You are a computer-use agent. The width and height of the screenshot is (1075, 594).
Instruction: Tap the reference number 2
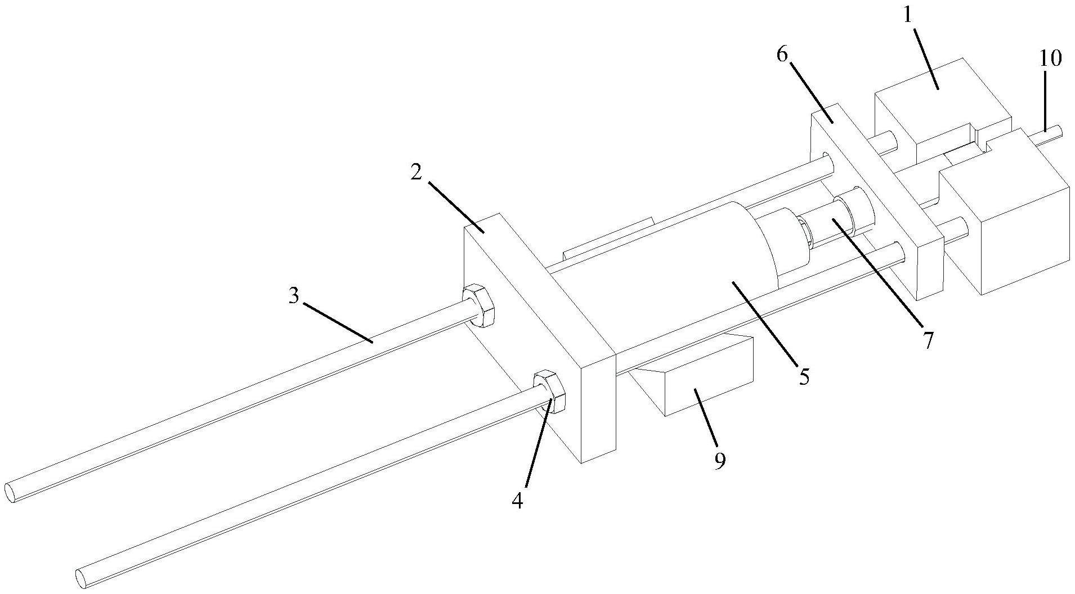(416, 173)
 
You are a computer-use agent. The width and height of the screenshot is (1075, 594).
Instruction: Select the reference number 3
(294, 296)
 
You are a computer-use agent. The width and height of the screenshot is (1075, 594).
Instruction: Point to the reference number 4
(517, 499)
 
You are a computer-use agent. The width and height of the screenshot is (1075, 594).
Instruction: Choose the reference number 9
(720, 460)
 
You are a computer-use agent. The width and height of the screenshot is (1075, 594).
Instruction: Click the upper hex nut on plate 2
(478, 305)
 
